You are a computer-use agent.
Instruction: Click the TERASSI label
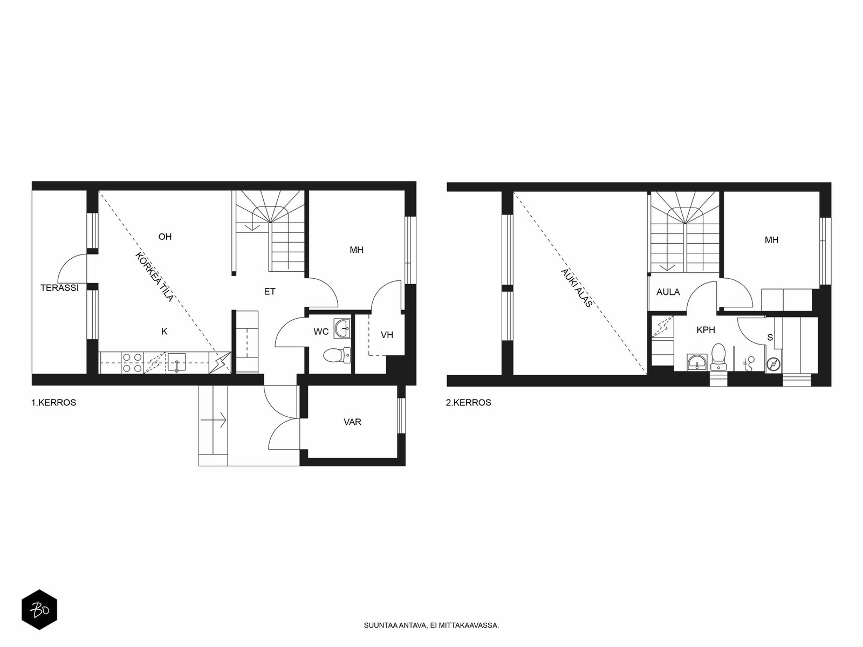59,287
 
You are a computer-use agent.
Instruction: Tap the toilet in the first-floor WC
337,355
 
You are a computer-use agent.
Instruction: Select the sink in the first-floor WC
342,328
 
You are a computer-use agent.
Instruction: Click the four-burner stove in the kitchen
132,362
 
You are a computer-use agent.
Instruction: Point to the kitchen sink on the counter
177,362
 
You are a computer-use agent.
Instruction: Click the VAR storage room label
352,422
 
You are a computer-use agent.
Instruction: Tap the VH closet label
387,335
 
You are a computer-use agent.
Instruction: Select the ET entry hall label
270,292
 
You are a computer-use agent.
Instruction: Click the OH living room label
165,237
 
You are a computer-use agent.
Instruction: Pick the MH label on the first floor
357,250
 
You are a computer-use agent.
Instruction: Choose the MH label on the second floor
771,239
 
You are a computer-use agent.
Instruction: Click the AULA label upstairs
668,292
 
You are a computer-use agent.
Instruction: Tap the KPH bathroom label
706,330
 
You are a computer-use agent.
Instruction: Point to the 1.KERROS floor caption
53,403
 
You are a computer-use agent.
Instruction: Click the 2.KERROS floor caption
468,403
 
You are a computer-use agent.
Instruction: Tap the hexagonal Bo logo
39,610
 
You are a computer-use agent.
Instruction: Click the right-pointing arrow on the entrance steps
214,420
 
